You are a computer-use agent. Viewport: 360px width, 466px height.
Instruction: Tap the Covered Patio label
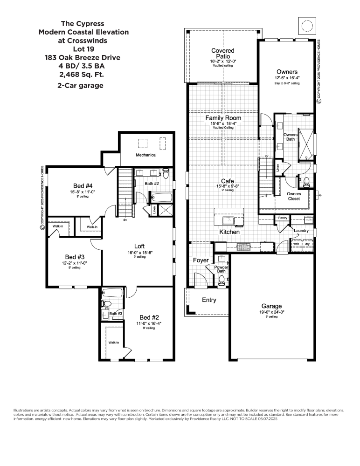click(x=222, y=54)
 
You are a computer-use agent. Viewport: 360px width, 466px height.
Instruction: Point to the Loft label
click(x=139, y=246)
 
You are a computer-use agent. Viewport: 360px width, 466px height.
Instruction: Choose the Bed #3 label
click(x=75, y=257)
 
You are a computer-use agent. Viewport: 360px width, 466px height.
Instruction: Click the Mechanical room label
click(x=146, y=155)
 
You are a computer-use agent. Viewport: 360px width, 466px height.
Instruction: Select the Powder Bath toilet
click(x=222, y=280)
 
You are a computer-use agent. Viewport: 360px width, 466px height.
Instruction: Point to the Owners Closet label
click(x=294, y=196)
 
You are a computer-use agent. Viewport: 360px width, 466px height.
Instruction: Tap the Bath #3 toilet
click(x=106, y=304)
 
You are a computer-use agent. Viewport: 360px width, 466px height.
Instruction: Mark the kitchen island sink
click(x=228, y=219)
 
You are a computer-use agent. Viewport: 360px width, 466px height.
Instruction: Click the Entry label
click(x=208, y=300)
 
